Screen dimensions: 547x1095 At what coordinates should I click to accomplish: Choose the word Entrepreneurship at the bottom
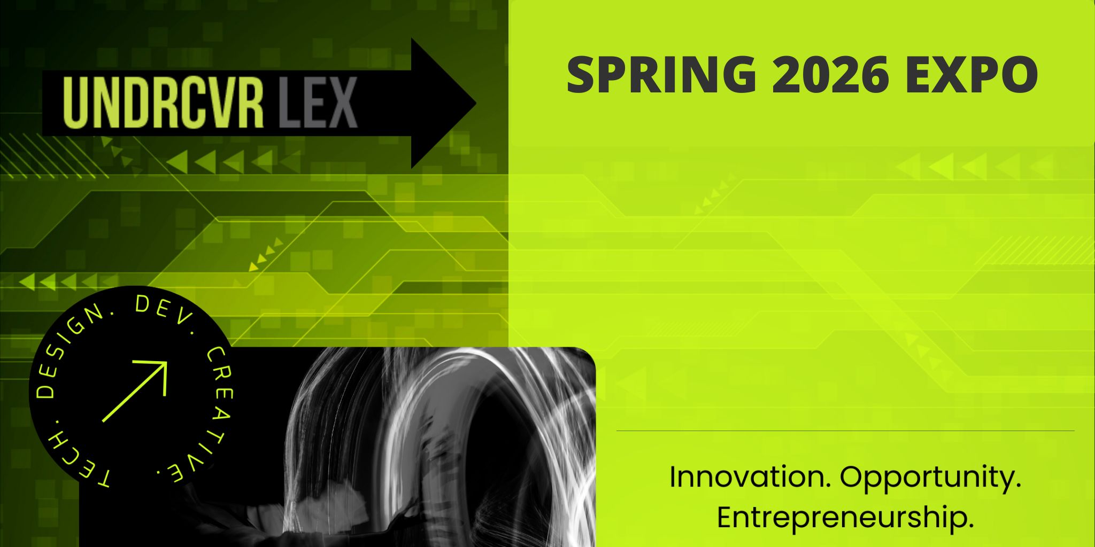pyautogui.click(x=845, y=517)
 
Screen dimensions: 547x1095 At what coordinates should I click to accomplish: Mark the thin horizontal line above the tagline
pyautogui.click(x=845, y=431)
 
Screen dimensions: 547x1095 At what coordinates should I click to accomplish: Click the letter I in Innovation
pyautogui.click(x=674, y=477)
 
